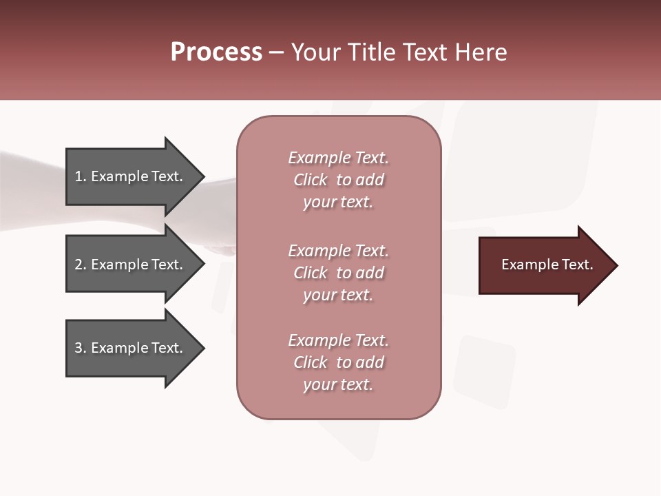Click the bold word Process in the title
point(216,52)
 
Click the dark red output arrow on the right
point(544,265)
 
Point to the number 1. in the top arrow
point(81,176)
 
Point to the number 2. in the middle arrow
point(81,265)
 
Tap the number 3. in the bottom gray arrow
point(81,348)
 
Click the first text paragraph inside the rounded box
point(338,180)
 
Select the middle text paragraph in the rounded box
point(338,273)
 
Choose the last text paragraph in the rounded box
point(338,362)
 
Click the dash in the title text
point(277,52)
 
